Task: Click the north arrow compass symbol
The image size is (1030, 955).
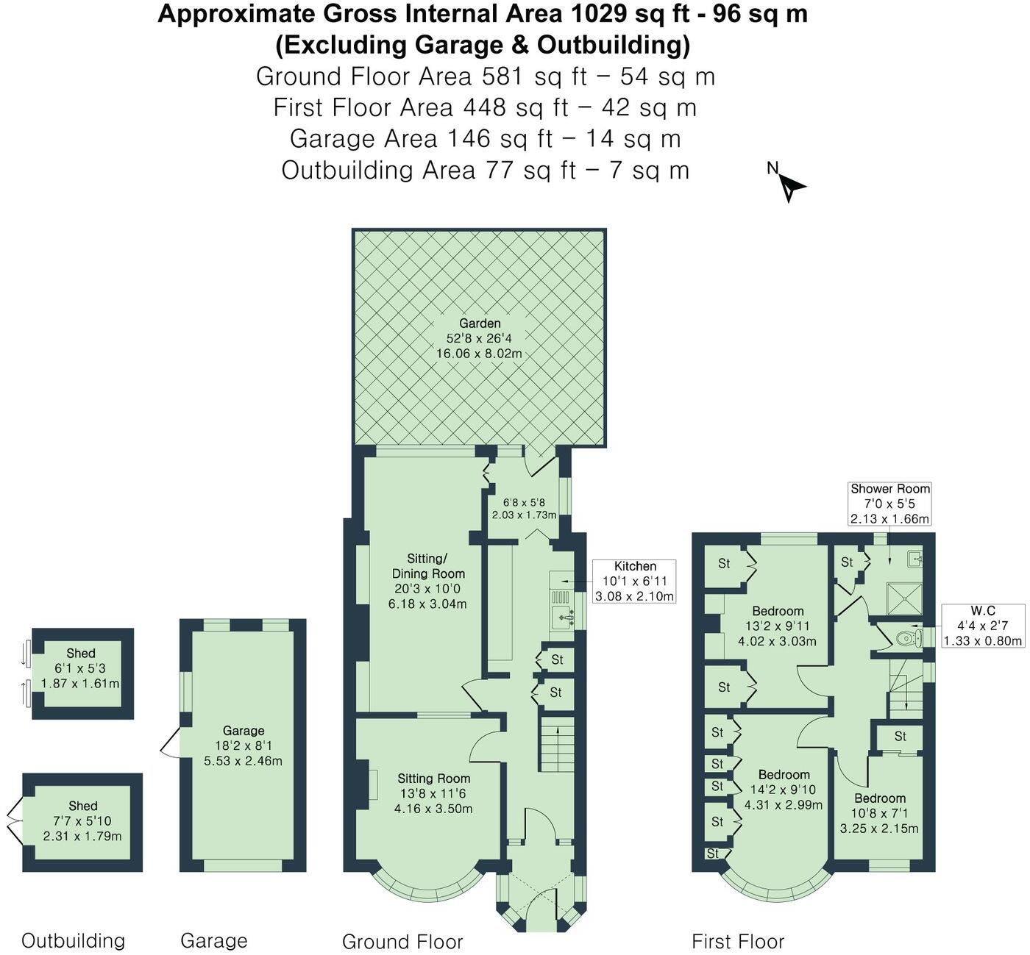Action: coord(789,184)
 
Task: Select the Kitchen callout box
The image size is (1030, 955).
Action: coord(635,581)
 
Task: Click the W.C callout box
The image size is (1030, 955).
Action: coord(982,626)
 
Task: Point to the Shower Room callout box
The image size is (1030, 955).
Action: coord(890,504)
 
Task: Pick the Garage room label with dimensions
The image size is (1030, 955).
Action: coord(244,745)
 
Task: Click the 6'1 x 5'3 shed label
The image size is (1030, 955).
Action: coord(81,668)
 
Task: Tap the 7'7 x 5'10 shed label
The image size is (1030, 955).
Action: coord(82,821)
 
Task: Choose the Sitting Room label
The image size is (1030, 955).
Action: coord(433,793)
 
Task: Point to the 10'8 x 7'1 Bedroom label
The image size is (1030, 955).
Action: coord(880,813)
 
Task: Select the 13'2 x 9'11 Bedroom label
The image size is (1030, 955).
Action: coord(778,626)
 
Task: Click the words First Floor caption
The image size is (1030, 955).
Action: coord(738,941)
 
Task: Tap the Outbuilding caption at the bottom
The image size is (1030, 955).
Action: coord(73,940)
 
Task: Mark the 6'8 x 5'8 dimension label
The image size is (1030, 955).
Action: coord(524,507)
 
